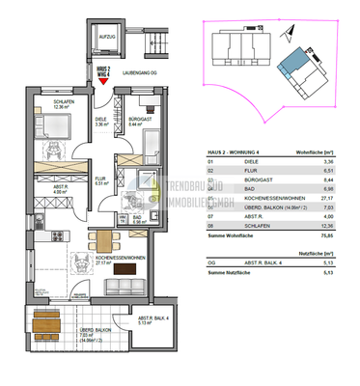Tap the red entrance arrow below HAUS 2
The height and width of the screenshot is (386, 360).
coord(103,83)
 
